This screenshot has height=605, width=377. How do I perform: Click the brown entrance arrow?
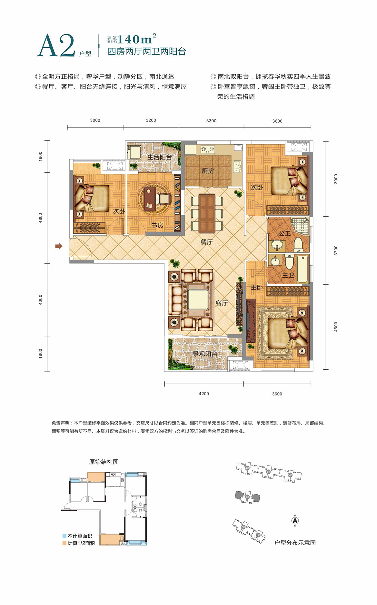click(58, 247)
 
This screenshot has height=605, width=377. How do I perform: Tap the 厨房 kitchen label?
click(208, 171)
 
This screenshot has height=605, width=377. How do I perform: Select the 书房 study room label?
click(157, 225)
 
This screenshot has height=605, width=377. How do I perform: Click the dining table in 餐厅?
click(207, 213)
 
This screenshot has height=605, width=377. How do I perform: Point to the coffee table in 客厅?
click(198, 300)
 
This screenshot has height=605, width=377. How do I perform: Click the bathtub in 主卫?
click(303, 269)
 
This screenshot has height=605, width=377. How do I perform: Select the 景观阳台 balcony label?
click(205, 354)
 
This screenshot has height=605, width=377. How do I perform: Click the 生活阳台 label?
click(159, 157)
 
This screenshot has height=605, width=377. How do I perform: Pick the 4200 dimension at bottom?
click(204, 394)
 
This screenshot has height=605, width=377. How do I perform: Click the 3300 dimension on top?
click(211, 121)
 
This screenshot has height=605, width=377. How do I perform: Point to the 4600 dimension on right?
click(336, 327)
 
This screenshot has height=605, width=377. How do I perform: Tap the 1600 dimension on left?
click(40, 157)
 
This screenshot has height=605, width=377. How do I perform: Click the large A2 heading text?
click(56, 46)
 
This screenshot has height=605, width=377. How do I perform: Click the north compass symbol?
click(295, 520)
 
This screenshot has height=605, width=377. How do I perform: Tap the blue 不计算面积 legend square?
click(64, 536)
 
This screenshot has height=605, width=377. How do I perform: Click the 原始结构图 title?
click(104, 462)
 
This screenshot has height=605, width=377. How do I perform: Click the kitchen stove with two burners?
click(208, 149)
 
